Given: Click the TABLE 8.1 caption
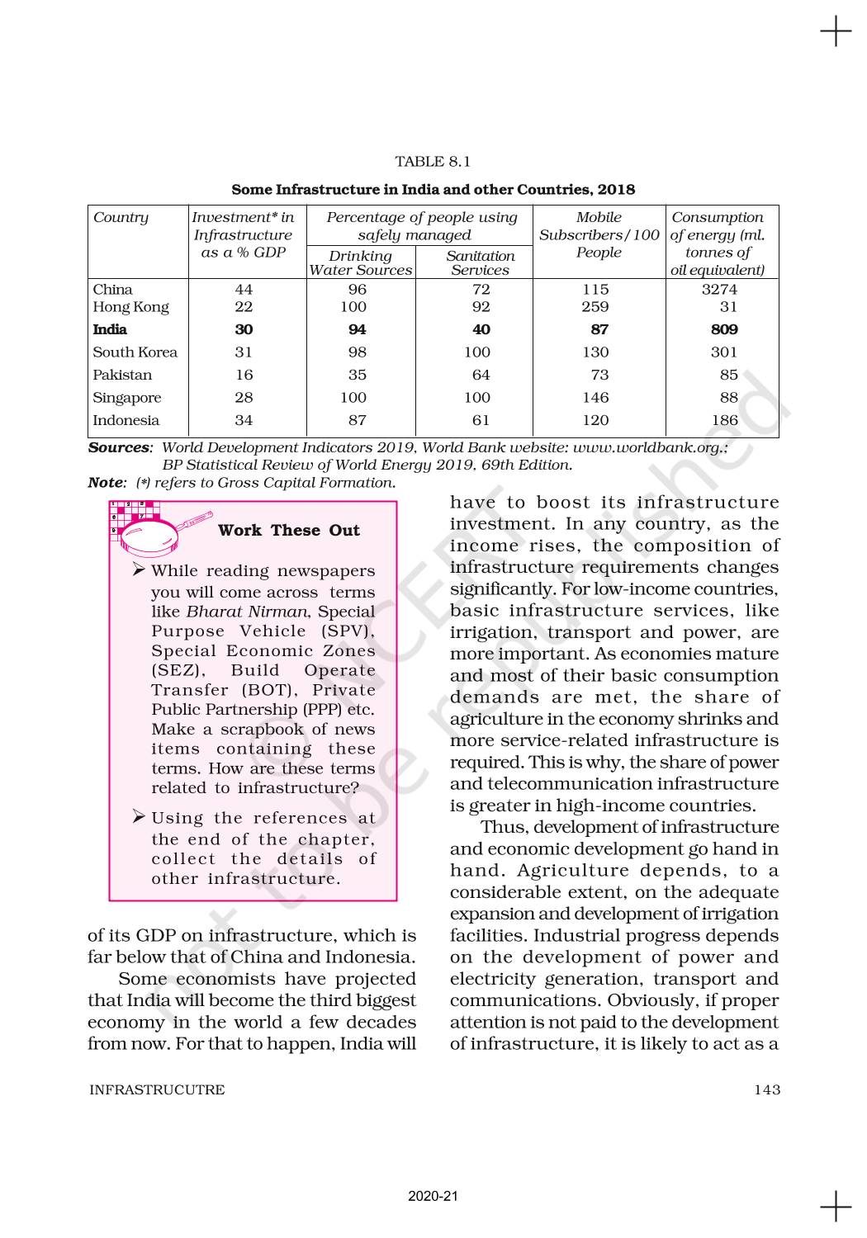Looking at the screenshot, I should click(x=433, y=161).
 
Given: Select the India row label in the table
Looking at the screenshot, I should click(x=110, y=329).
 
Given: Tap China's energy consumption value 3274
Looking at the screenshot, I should click(x=718, y=289).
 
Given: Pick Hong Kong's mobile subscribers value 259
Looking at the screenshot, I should click(x=595, y=307).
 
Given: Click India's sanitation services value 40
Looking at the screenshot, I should click(x=481, y=329).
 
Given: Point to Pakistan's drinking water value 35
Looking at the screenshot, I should click(x=357, y=375).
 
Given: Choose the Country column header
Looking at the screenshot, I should click(x=121, y=218).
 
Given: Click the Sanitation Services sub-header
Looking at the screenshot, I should click(x=481, y=262).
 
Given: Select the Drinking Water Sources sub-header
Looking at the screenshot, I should click(x=360, y=262).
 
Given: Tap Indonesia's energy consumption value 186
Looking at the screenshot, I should click(x=724, y=420).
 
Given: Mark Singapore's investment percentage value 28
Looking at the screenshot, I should click(x=244, y=398).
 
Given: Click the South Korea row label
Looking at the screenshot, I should click(x=135, y=352).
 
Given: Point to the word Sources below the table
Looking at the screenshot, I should click(x=119, y=447).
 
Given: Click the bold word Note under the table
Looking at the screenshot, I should click(x=106, y=483).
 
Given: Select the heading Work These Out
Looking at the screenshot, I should click(x=288, y=531).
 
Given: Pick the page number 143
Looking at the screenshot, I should click(x=766, y=1089).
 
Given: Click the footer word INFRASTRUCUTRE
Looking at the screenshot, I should click(x=157, y=1089).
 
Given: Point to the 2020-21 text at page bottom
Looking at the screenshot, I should click(x=433, y=1196).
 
